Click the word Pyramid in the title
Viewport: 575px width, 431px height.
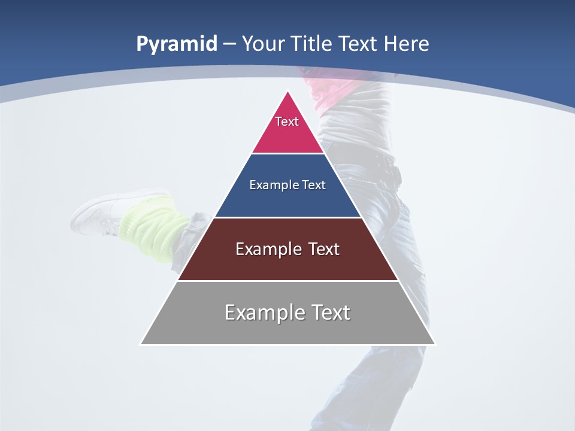pos(177,44)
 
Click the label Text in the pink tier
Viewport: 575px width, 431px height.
pos(287,122)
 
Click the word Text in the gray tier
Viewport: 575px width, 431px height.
pos(329,312)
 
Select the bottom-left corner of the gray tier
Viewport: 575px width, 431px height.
pos(141,344)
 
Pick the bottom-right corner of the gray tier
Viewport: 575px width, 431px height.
pos(435,344)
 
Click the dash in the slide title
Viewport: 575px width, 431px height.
pos(229,44)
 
